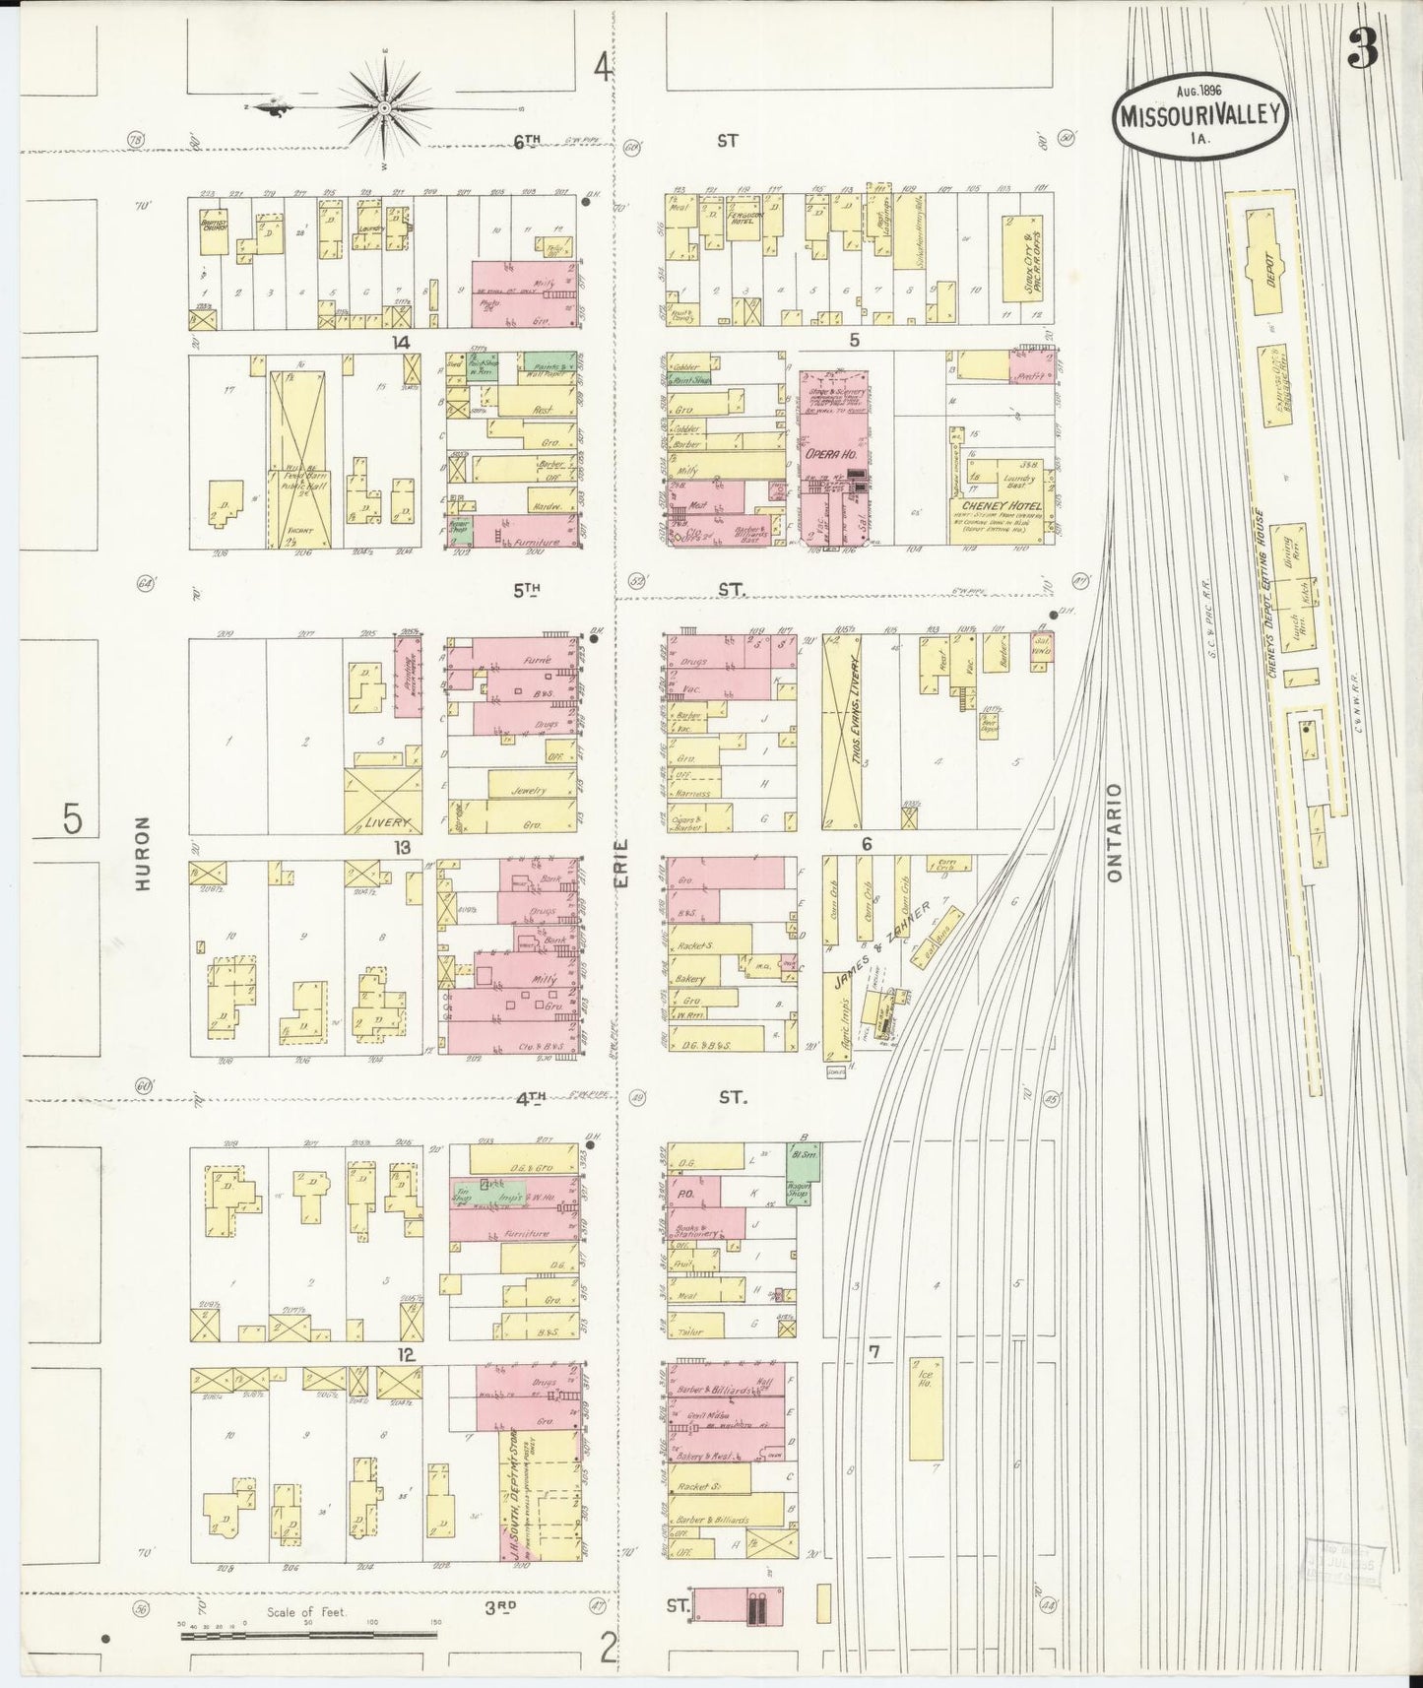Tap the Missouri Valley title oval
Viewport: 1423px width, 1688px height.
tap(1198, 116)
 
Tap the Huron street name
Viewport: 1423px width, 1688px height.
tap(144, 853)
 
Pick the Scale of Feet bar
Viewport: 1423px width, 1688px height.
tap(307, 1636)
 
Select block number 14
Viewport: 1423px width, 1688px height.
tap(400, 342)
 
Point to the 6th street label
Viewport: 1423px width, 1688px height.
tap(527, 141)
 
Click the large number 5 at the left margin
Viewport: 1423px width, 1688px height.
tap(72, 818)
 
